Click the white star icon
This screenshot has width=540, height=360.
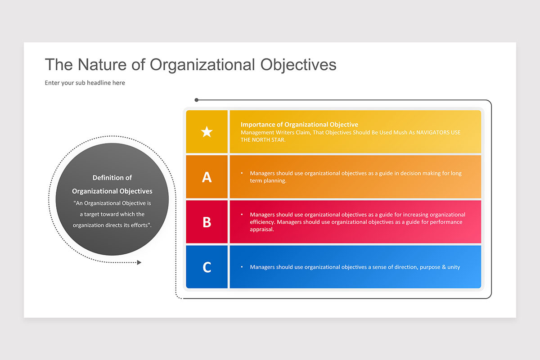[207, 132]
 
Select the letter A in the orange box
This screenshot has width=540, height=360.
[207, 177]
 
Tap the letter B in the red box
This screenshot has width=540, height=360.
[207, 222]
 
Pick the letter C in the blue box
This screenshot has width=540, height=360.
[207, 267]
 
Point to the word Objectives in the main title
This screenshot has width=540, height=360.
[298, 64]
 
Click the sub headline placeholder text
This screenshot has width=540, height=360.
[85, 83]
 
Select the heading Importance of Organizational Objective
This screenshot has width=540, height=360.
[299, 125]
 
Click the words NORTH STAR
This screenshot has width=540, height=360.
[269, 139]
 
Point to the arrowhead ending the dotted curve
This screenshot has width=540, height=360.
[139, 262]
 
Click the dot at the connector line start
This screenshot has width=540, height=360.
[196, 100]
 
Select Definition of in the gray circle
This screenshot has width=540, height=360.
[112, 178]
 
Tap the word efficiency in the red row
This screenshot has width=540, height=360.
[262, 222]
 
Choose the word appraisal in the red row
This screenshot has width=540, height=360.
[262, 229]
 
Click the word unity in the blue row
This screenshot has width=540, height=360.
[454, 267]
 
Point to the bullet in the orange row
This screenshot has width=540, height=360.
[242, 173]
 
